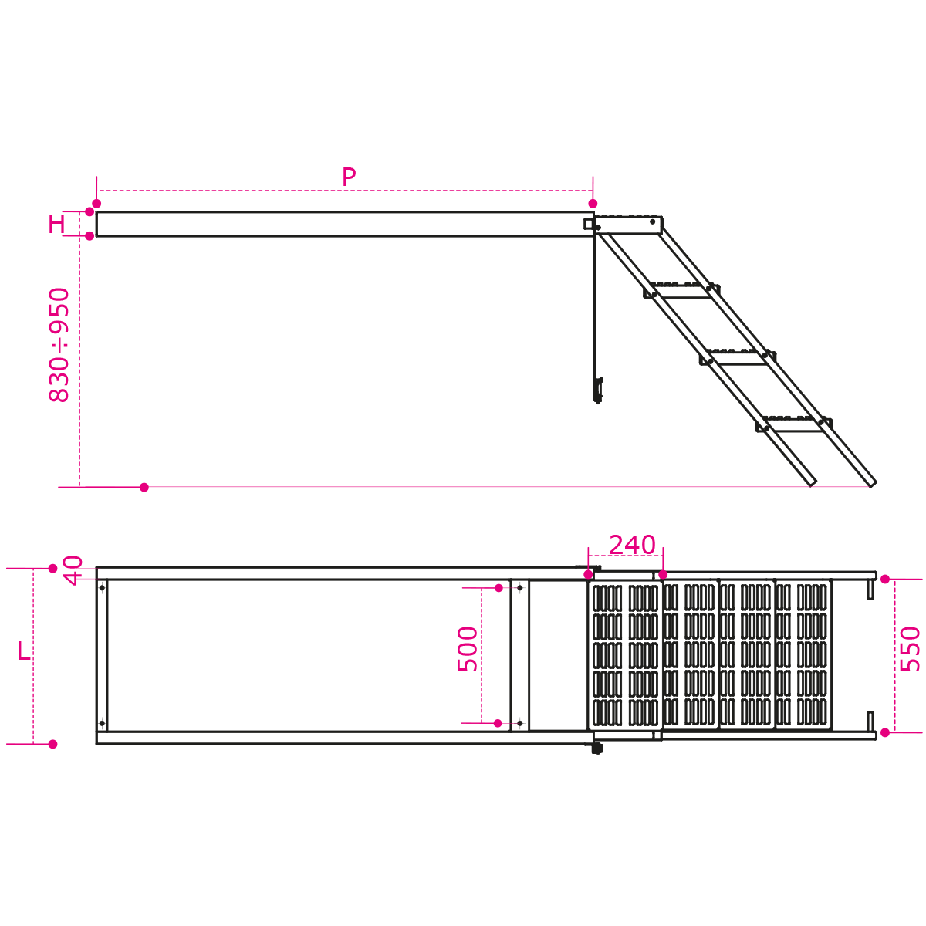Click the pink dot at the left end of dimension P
click(96, 203)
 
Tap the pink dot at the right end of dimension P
click(593, 203)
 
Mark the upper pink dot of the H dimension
click(90, 211)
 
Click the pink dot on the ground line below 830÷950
click(144, 487)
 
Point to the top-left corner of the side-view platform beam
click(96, 211)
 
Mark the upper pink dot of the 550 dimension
click(885, 579)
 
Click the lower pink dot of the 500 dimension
click(498, 723)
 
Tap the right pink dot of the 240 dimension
click(663, 575)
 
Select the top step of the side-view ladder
click(681, 290)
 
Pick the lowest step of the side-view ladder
click(794, 424)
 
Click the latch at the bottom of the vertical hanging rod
click(598, 390)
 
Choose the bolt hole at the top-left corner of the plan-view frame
click(102, 588)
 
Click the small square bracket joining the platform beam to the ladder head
click(589, 224)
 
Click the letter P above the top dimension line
click(349, 177)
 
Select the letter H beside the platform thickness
click(56, 224)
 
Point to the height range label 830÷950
click(59, 344)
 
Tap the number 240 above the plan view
click(632, 545)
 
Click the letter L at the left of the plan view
click(24, 651)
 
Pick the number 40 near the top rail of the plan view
click(73, 570)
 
